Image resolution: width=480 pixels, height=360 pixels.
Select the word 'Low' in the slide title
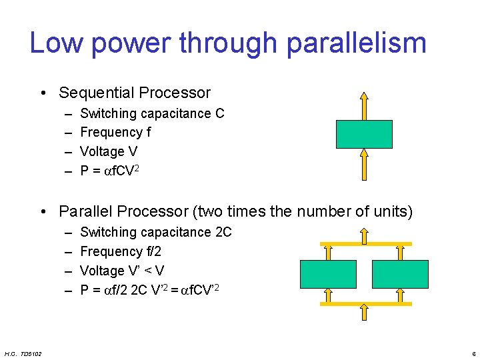[x=56, y=43]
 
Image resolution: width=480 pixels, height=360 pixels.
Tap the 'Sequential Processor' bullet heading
[x=135, y=93]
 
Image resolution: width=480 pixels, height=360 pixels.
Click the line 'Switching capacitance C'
[x=152, y=113]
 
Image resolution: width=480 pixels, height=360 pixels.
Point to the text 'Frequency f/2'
[x=120, y=251]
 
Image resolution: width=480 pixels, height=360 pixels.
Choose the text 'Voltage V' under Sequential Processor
[x=109, y=151]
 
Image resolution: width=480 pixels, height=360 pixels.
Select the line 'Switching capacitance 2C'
[x=156, y=232]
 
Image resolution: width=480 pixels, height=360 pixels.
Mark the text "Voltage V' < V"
[x=122, y=271]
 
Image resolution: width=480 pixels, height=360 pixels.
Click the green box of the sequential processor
[x=364, y=134]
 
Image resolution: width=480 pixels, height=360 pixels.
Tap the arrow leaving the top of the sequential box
[x=364, y=105]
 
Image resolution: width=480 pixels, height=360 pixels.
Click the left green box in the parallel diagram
[x=328, y=274]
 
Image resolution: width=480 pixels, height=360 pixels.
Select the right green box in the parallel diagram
[x=399, y=274]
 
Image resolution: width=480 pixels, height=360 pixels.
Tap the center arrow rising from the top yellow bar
[x=364, y=235]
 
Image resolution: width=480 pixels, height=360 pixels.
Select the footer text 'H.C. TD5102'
[x=23, y=353]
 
